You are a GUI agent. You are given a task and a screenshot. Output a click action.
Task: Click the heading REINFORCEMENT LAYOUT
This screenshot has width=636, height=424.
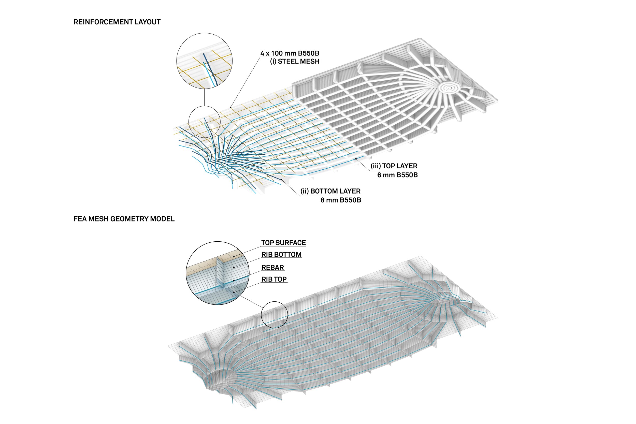117,22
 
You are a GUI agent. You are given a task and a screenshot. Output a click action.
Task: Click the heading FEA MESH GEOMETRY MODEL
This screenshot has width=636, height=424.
124,219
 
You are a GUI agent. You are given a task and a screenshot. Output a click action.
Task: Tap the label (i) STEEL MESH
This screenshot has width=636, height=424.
295,61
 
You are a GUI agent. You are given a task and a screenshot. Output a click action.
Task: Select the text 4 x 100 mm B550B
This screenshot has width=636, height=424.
290,53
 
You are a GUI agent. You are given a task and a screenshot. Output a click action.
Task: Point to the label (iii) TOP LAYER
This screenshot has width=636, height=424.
394,166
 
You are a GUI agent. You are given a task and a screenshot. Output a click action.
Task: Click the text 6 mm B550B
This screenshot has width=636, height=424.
397,175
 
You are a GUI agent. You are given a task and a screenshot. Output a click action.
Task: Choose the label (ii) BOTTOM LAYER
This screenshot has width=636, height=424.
330,191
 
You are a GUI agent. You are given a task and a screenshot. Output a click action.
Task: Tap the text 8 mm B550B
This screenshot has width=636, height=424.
341,200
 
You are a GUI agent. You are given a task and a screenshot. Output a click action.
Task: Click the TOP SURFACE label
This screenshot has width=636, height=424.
284,243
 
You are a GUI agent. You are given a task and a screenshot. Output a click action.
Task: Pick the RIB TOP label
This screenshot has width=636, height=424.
274,279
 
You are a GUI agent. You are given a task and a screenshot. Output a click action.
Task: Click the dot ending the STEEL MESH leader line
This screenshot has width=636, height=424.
231,107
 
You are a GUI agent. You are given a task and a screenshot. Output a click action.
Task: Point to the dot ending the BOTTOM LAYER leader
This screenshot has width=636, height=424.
282,179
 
